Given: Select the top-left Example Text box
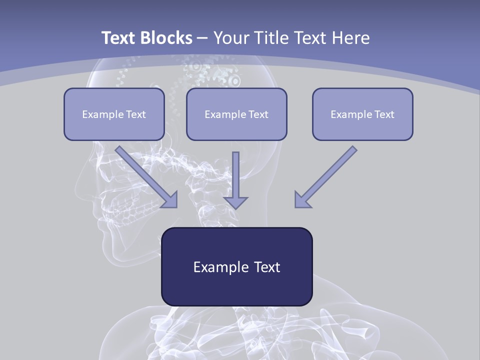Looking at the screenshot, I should (x=114, y=114).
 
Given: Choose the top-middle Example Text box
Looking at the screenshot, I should (x=236, y=114).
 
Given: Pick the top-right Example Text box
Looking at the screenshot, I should (x=362, y=114).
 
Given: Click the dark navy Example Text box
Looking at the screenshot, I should (x=236, y=266).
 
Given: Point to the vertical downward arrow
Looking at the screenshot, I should (x=235, y=177).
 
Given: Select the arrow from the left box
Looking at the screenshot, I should (x=145, y=175).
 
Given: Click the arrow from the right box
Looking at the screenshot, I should (x=327, y=175).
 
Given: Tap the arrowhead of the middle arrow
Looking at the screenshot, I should (x=235, y=202).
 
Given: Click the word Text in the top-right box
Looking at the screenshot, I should (x=384, y=114).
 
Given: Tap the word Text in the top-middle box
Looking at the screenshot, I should (x=258, y=114).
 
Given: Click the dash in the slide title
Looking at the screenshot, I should (x=202, y=38).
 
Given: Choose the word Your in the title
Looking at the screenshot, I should (x=229, y=38).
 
